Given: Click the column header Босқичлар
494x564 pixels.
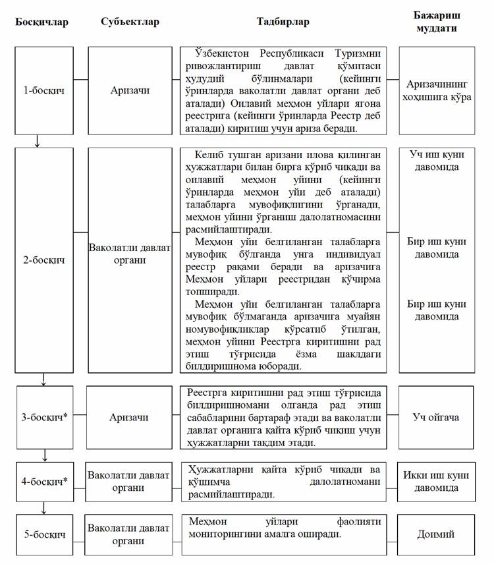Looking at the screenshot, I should pyautogui.click(x=42, y=22).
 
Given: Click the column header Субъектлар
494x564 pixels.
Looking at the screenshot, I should pyautogui.click(x=130, y=22).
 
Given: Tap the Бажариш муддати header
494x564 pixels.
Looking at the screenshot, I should pyautogui.click(x=435, y=22).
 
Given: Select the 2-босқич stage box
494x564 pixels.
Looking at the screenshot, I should pyautogui.click(x=44, y=260).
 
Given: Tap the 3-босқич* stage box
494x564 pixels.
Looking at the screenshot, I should pyautogui.click(x=45, y=417).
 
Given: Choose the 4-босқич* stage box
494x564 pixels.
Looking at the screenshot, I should pyautogui.click(x=45, y=482).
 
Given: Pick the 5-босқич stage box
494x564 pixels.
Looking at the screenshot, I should pyautogui.click(x=45, y=534).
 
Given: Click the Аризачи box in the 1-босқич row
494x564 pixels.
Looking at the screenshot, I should pyautogui.click(x=130, y=90).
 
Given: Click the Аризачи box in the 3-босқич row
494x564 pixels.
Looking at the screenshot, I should pyautogui.click(x=130, y=417).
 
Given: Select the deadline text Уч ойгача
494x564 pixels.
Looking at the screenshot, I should pyautogui.click(x=435, y=417).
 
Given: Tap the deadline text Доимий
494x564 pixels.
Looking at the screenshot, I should pyautogui.click(x=435, y=534).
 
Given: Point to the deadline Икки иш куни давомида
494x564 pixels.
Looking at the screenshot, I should pyautogui.click(x=435, y=482).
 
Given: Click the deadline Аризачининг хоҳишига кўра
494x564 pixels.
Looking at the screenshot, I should pyautogui.click(x=435, y=90).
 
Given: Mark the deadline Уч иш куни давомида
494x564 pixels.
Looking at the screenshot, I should pyautogui.click(x=435, y=161).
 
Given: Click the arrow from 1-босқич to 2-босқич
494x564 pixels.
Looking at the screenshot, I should pyautogui.click(x=38, y=140).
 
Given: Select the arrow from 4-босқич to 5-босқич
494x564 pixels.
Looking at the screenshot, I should pyautogui.click(x=44, y=507).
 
